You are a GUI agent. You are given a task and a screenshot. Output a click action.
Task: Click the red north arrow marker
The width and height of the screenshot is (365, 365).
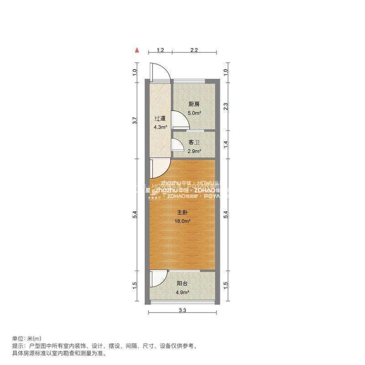click(136, 49)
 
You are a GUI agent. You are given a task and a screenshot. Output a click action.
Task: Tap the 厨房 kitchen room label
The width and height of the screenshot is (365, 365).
click(194, 104)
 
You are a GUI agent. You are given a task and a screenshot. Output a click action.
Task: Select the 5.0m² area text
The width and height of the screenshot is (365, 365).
click(194, 113)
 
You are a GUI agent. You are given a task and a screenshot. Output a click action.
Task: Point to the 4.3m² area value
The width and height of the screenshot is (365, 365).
click(160, 127)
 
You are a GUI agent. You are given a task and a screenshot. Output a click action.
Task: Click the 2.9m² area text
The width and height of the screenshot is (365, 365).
click(194, 151)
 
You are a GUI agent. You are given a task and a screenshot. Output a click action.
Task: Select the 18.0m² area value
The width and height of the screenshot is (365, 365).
click(182, 221)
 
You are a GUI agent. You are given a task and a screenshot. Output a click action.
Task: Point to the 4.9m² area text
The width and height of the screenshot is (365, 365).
click(182, 292)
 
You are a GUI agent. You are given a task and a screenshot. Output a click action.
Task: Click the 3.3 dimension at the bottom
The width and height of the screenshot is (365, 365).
click(182, 311)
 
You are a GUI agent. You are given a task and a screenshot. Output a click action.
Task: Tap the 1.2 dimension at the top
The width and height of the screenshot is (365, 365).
click(160, 50)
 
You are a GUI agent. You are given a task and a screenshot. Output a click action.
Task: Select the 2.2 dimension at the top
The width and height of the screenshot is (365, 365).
click(194, 50)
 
